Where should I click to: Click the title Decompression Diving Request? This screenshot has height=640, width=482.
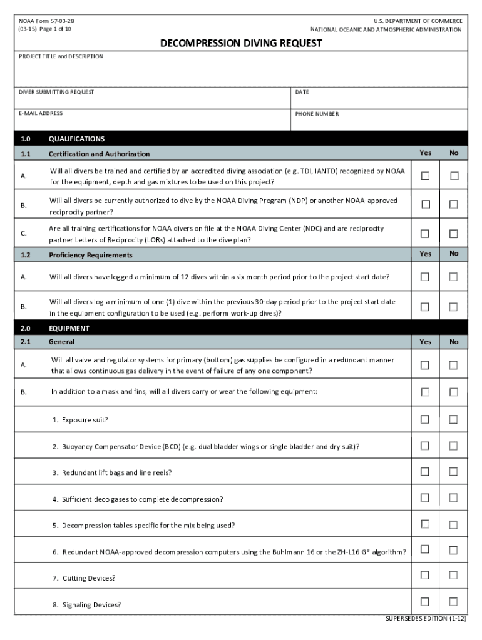[x=241, y=43]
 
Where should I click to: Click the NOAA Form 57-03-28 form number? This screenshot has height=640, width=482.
[x=48, y=21]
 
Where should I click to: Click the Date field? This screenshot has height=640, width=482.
[x=379, y=101]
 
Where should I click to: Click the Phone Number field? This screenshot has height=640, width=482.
[x=379, y=122]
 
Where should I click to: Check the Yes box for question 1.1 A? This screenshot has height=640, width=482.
[x=425, y=176]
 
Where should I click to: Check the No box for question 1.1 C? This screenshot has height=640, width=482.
[x=454, y=234]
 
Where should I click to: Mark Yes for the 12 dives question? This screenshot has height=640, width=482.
[x=425, y=277]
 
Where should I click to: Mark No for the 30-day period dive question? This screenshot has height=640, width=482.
[x=454, y=307]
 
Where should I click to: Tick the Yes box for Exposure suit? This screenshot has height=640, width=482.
[x=425, y=419]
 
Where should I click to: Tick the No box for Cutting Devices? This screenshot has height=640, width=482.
[x=454, y=575]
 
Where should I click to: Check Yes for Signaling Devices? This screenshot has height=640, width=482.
[x=425, y=602]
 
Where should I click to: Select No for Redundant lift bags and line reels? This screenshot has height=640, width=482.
[x=454, y=472]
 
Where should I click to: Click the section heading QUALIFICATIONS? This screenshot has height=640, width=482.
[x=76, y=139]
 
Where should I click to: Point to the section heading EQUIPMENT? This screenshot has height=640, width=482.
[x=69, y=328]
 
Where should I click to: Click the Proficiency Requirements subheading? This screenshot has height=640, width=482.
[x=91, y=255]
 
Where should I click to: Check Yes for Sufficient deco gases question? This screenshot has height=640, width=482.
[x=425, y=498]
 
